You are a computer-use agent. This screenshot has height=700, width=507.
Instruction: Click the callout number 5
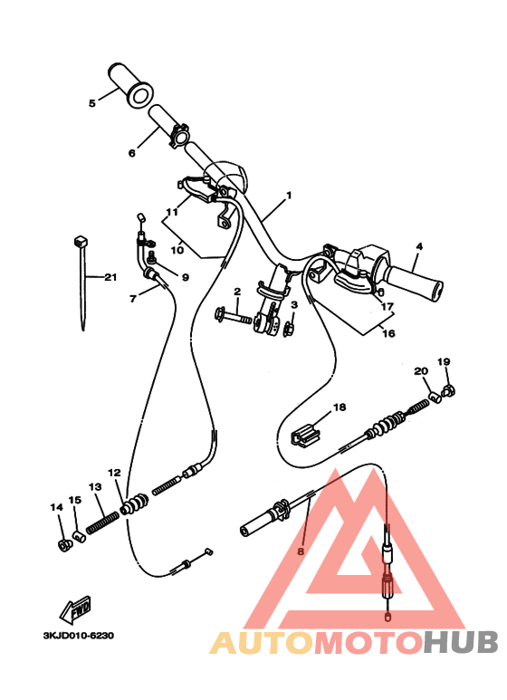tap(92, 103)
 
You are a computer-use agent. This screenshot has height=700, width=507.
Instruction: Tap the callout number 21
tap(110, 277)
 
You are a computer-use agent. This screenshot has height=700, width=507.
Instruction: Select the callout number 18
tap(340, 408)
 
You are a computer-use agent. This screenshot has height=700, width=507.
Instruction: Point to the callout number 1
tap(289, 195)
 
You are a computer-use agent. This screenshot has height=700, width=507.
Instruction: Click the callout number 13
tap(95, 486)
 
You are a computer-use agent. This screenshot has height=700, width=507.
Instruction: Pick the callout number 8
tap(301, 551)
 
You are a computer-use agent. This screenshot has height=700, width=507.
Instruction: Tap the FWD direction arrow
tap(75, 609)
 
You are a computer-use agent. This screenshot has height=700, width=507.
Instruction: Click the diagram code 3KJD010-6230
tap(79, 636)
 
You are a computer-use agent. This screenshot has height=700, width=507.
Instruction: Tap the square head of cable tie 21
tap(81, 242)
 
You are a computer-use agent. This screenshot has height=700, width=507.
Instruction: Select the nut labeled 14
tap(65, 544)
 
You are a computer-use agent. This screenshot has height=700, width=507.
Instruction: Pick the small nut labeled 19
tap(448, 391)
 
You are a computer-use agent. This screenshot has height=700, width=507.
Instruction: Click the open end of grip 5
tap(140, 95)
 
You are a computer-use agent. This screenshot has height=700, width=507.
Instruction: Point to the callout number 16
tap(388, 333)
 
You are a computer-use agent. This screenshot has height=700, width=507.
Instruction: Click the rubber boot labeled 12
tap(134, 504)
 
